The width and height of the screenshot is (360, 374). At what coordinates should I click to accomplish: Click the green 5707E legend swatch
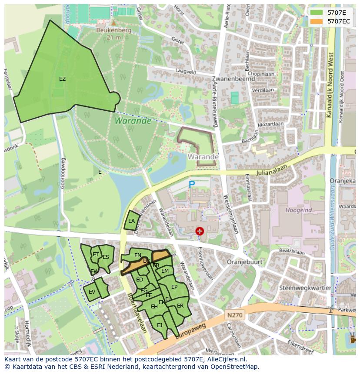click(317, 13)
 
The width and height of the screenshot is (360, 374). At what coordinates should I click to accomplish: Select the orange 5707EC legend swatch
click(317, 21)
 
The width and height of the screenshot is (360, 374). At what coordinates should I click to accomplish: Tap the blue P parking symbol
click(192, 185)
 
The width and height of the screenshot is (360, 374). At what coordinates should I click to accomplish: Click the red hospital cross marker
click(200, 231)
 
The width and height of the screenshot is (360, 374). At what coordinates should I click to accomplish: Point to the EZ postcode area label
click(63, 79)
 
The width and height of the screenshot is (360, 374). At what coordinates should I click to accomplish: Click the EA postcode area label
click(132, 221)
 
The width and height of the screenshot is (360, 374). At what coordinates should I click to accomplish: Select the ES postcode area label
click(106, 257)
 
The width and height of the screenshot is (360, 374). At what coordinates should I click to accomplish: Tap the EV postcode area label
click(92, 292)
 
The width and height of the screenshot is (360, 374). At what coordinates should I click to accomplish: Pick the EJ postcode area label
click(160, 325)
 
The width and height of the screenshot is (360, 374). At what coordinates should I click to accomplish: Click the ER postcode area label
click(180, 306)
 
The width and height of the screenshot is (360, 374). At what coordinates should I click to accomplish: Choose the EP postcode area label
click(174, 287)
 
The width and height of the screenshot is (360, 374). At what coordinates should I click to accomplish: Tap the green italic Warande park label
click(133, 121)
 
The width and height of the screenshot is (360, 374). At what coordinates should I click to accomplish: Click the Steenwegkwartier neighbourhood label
click(305, 288)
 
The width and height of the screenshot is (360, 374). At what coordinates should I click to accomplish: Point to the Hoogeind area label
click(298, 210)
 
